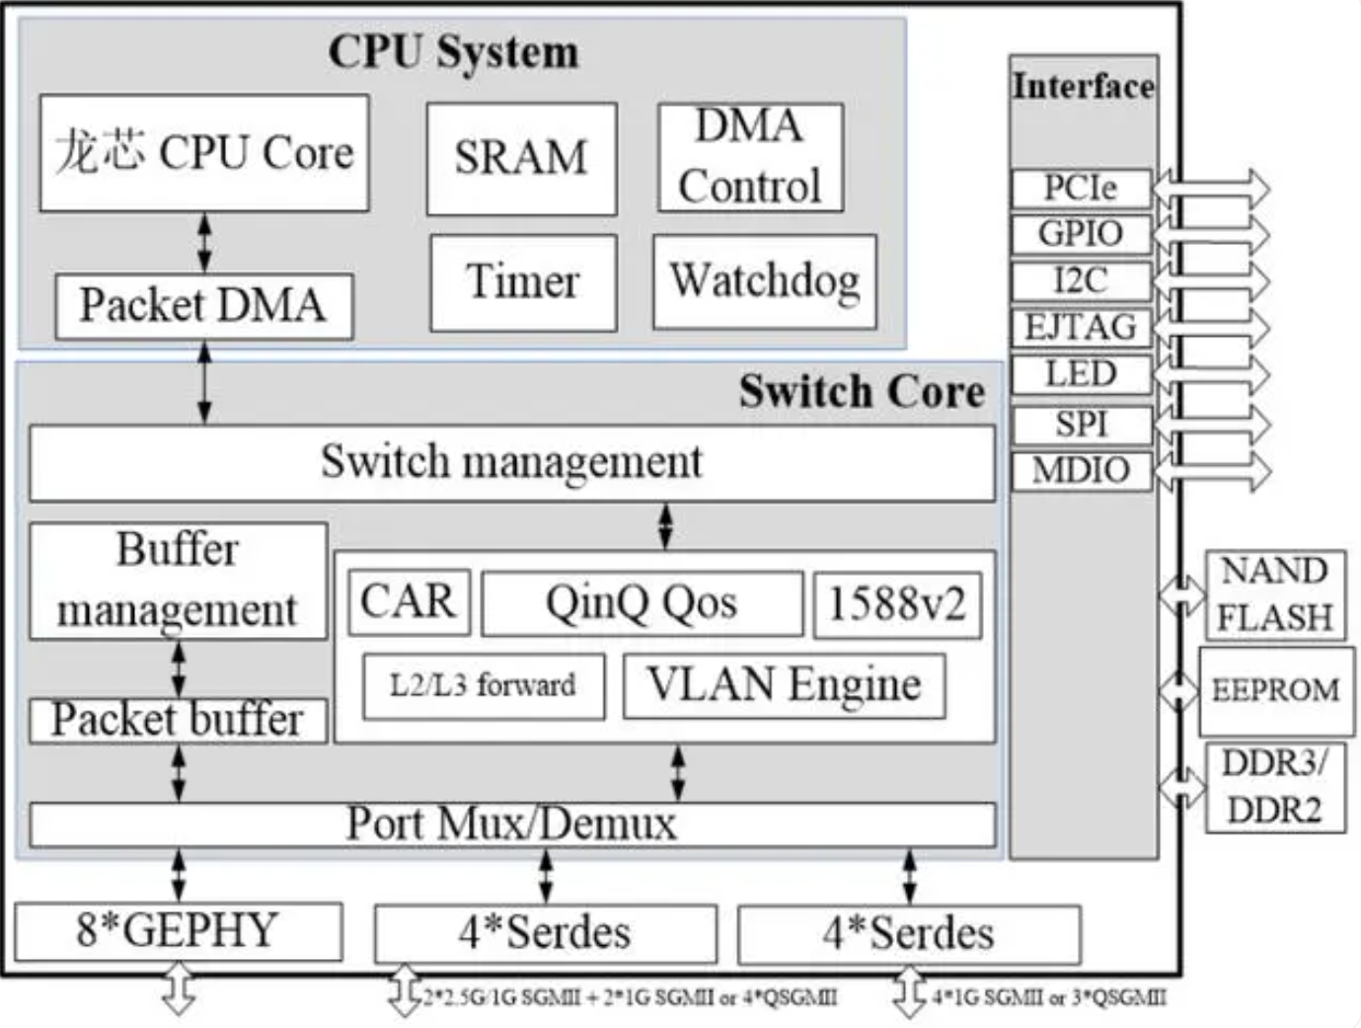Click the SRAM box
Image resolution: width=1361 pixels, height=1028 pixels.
coord(521,158)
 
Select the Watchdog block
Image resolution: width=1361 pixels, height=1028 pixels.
coord(764,281)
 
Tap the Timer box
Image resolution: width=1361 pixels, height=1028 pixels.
coord(523,282)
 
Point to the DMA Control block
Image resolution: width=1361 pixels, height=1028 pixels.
coord(750,157)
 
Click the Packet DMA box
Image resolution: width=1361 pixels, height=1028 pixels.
coord(203,306)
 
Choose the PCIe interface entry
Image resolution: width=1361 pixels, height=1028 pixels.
coord(1081,188)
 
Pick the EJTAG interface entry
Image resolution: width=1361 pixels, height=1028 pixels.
coord(1081,327)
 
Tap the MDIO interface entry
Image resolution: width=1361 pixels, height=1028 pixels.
coord(1081,470)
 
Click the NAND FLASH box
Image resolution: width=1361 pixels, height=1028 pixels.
coord(1274,594)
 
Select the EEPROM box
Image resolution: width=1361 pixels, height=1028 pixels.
coord(1275,690)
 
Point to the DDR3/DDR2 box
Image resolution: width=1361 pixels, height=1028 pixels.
coord(1274,787)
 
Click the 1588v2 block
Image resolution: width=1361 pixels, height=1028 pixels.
coord(896,604)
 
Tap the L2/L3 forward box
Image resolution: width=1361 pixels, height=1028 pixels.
coord(483,685)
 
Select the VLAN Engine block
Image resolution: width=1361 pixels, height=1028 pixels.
coord(784,685)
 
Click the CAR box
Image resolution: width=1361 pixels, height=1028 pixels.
coord(408,601)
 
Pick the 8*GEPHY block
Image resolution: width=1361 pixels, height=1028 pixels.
coord(178,931)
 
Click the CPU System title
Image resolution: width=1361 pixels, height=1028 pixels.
coord(453,52)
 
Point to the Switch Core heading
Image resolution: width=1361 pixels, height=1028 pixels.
coord(862,392)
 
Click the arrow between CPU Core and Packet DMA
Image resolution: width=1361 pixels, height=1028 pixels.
coord(204,242)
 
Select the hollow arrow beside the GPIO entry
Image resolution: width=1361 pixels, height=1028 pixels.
coord(1212,234)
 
